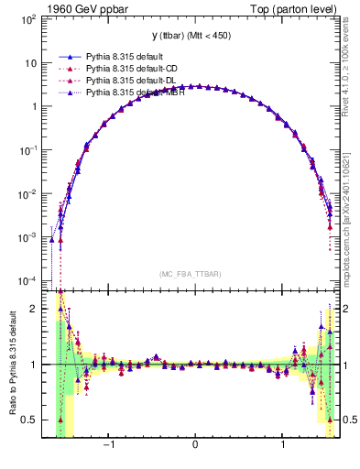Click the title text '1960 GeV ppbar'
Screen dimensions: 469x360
tap(83, 10)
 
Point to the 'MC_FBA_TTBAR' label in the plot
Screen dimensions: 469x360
tap(194, 274)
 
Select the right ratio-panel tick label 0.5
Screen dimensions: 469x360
tap(351, 420)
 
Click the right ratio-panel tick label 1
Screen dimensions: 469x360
tap(348, 365)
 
